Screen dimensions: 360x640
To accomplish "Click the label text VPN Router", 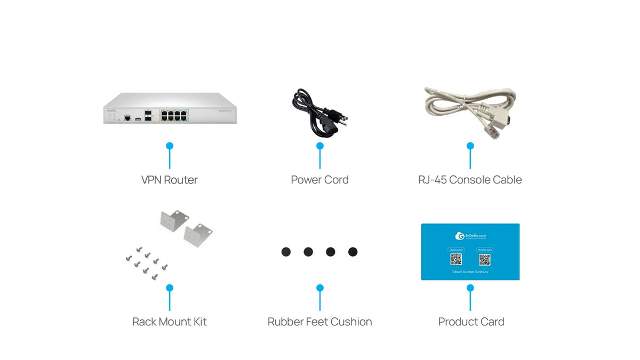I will tap(169, 180).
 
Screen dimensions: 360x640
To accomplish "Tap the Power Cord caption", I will tap(319, 180).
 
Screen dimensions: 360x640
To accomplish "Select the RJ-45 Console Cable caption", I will tap(470, 180).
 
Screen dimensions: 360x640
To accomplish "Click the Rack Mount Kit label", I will tap(169, 322).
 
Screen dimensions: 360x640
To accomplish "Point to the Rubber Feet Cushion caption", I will tap(319, 322).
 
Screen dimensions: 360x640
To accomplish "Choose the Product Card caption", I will tap(471, 322).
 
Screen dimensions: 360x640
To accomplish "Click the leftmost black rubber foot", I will tap(286, 252).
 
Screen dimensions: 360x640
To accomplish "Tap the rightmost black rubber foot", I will tap(353, 252).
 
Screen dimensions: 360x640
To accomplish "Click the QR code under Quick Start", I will tap(456, 260).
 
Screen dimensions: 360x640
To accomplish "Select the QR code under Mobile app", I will tap(484, 260).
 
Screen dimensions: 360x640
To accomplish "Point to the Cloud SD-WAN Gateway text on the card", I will tap(470, 272).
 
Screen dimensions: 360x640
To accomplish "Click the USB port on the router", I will tap(138, 118).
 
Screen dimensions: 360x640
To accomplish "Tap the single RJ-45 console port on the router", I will tap(127, 118).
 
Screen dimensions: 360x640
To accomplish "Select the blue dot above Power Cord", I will tap(319, 146).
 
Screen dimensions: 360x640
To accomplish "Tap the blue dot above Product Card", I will tap(470, 287).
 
